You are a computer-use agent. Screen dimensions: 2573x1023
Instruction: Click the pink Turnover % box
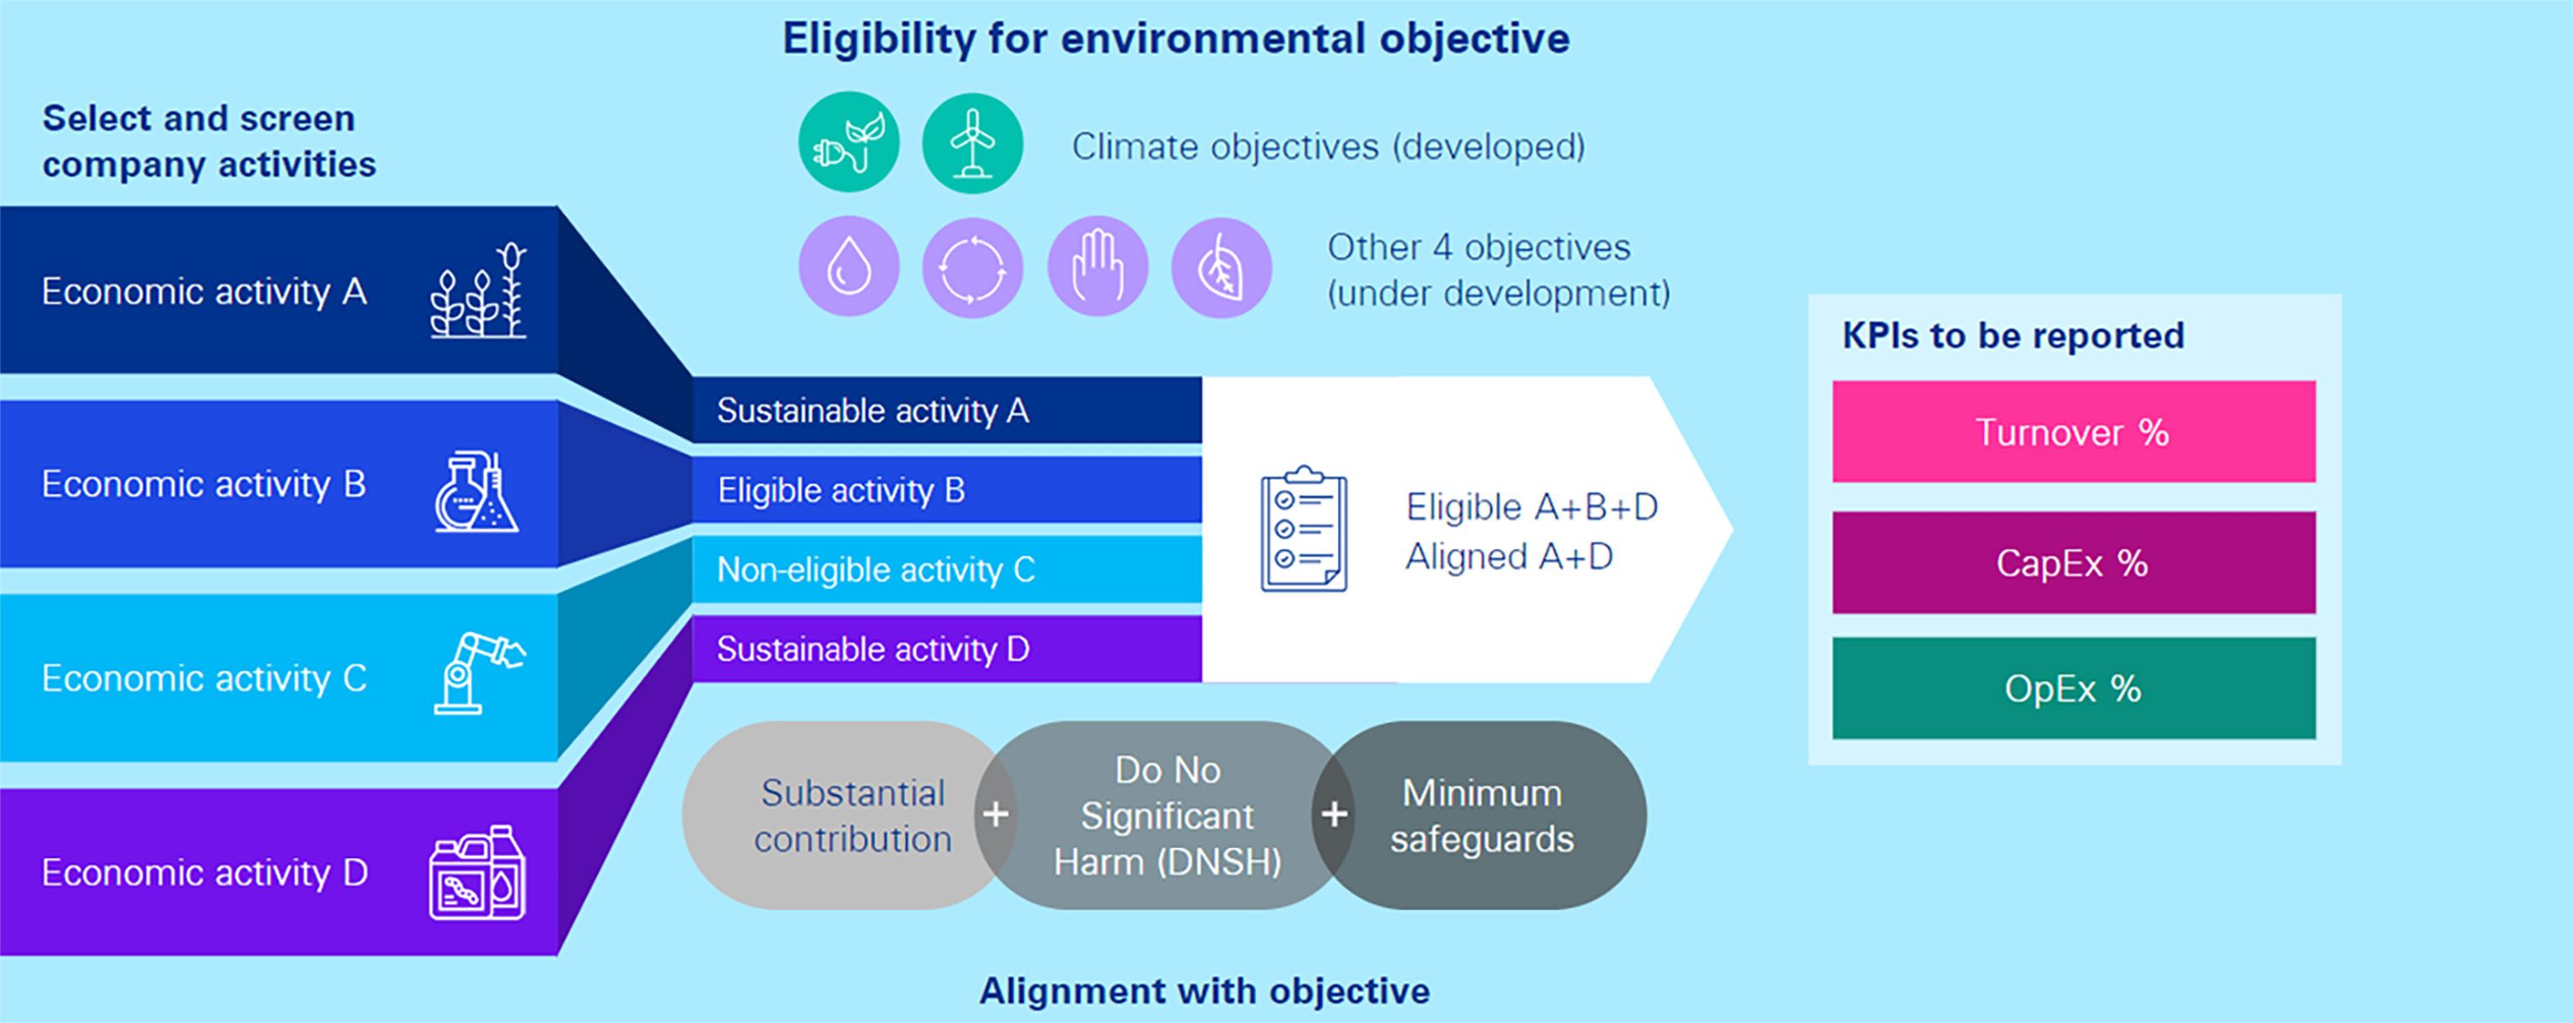click(x=2074, y=431)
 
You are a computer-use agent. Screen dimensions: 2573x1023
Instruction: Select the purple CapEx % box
click(x=2074, y=563)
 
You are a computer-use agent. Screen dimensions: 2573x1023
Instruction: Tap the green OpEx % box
click(x=2074, y=689)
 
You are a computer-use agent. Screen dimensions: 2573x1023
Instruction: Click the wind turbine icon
click(x=972, y=143)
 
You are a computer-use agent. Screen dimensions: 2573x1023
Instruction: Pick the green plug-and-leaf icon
click(x=848, y=143)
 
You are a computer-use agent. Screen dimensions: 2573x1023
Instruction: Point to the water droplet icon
click(x=848, y=267)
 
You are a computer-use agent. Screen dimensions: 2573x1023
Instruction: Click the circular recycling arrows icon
click(x=972, y=267)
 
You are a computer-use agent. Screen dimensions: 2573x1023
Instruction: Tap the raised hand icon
click(x=1097, y=267)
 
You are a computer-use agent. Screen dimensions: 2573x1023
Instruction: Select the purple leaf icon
click(x=1220, y=267)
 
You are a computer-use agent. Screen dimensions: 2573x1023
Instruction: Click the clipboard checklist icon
click(x=1304, y=528)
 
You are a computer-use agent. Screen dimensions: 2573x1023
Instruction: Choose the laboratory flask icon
click(x=477, y=491)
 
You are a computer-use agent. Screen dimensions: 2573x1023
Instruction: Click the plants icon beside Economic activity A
click(x=479, y=290)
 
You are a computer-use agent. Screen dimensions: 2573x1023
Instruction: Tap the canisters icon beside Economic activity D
click(x=478, y=872)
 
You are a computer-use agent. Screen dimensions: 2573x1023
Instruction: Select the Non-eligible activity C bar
click(x=947, y=569)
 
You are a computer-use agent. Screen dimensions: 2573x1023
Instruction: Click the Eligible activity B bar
click(x=947, y=490)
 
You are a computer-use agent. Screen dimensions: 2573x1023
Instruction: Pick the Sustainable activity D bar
click(x=947, y=649)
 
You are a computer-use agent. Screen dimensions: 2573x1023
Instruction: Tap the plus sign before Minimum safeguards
click(x=1334, y=815)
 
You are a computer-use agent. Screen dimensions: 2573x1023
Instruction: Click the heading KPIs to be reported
click(x=2013, y=334)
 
